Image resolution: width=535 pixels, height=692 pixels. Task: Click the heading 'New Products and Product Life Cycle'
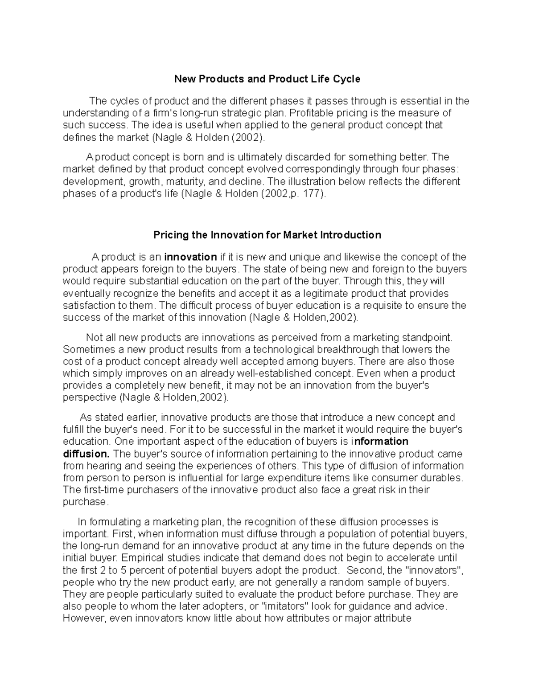click(x=267, y=79)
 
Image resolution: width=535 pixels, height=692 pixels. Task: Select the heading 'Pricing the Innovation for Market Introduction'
click(x=267, y=235)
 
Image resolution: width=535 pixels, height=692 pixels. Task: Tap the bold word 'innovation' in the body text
click(x=190, y=257)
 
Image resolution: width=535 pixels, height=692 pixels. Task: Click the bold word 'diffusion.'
click(x=86, y=454)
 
